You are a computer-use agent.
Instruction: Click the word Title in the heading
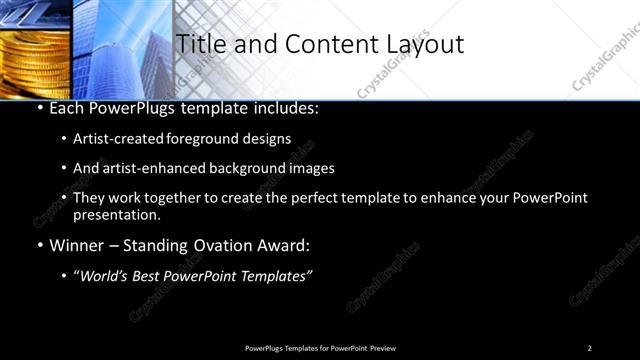(198, 44)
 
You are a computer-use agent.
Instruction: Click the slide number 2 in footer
(589, 347)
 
